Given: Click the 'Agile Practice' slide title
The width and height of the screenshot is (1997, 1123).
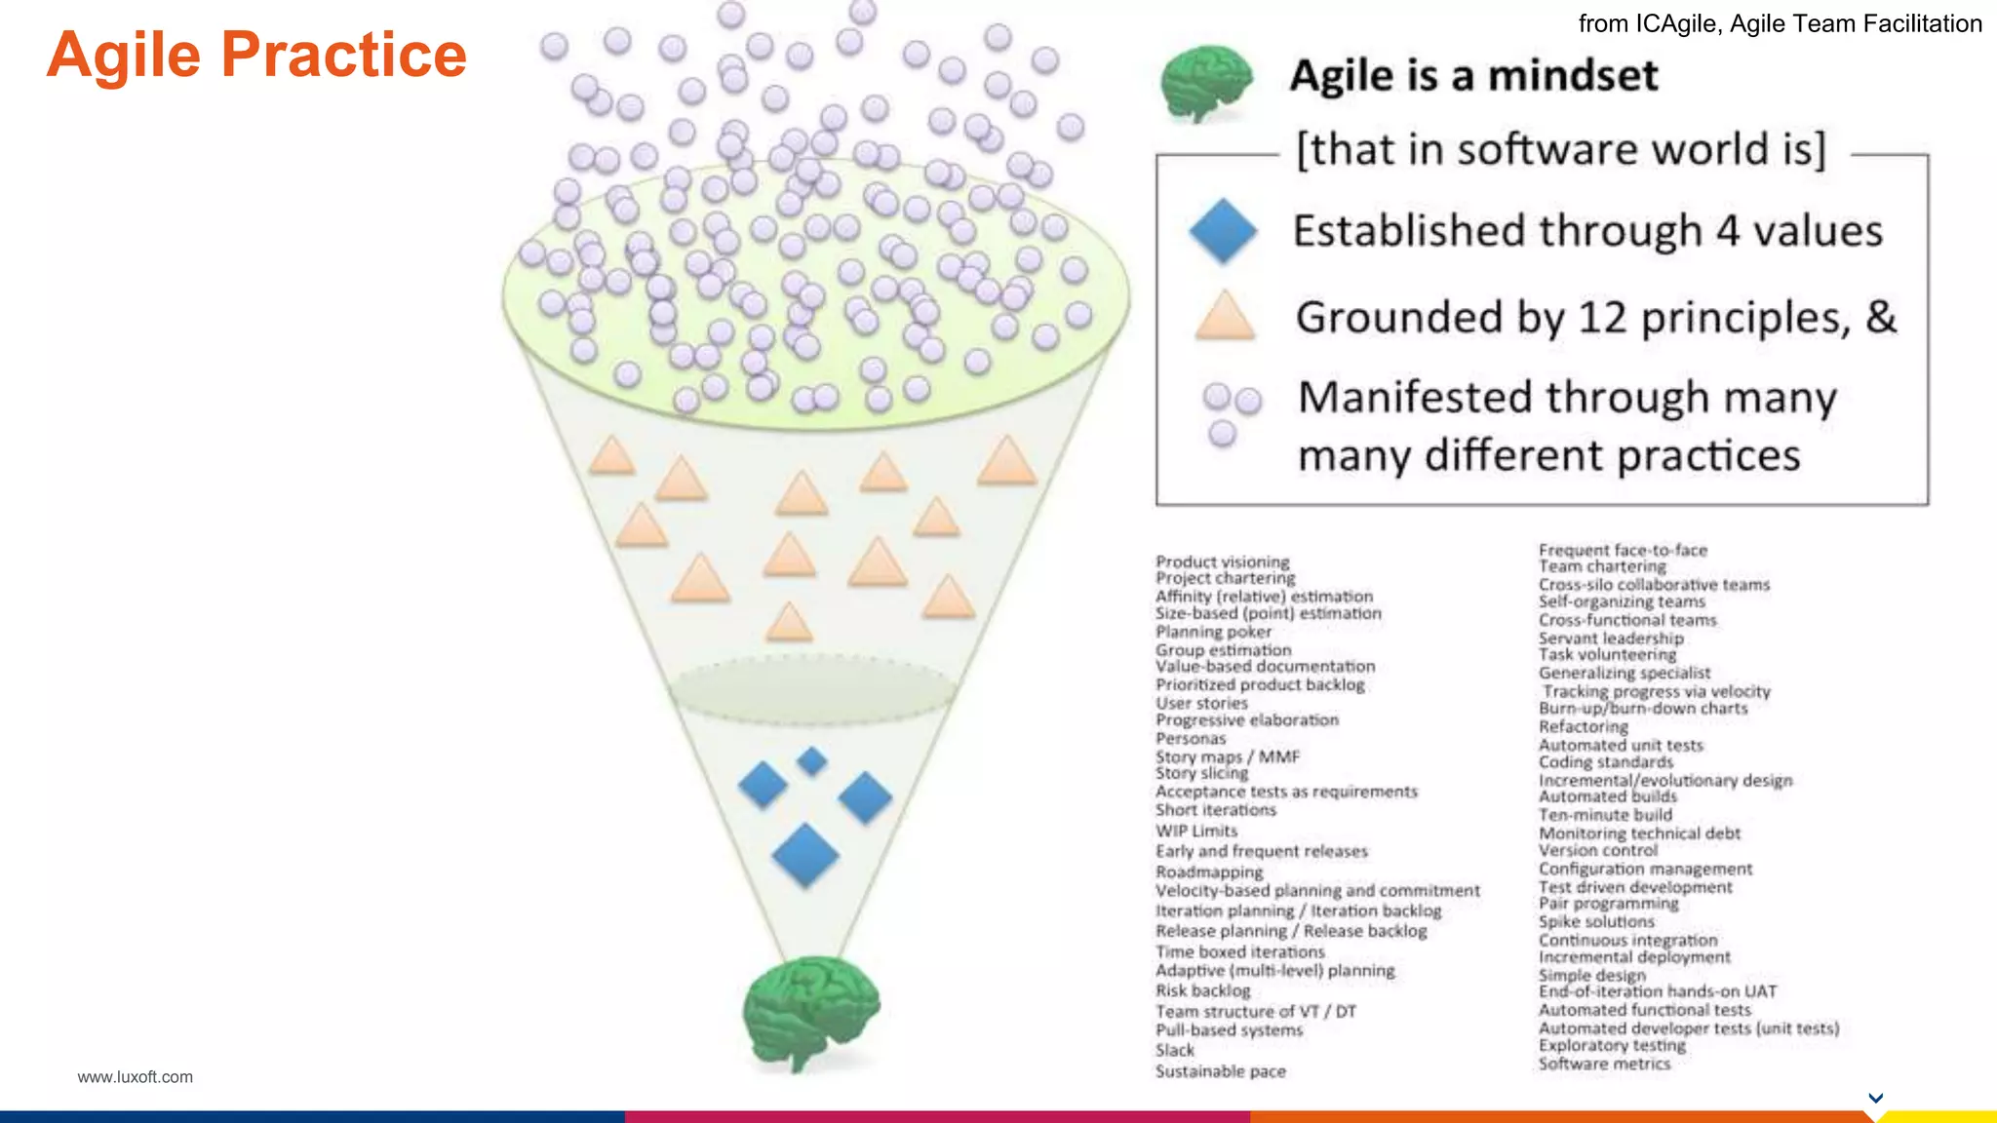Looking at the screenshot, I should coord(256,55).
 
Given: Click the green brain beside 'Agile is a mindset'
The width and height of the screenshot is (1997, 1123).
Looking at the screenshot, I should coord(1206,84).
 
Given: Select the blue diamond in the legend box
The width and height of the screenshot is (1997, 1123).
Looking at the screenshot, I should coord(1223,231).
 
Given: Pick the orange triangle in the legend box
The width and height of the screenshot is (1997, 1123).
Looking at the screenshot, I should coord(1225,317).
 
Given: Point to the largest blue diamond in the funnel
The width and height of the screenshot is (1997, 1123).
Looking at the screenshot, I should coord(805,855).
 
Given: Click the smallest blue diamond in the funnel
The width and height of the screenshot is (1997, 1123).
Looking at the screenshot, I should coord(811,760).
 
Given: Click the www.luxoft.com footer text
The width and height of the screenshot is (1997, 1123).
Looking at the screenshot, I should coord(135,1077).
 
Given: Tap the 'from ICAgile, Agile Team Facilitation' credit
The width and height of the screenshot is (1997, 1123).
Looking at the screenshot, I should coord(1780,23).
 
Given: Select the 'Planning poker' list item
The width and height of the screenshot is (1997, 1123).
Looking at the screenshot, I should coord(1213,632).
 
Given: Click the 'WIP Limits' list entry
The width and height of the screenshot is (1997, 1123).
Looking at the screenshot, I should coord(1196,831).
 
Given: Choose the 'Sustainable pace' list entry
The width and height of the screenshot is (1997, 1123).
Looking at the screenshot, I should coord(1220,1071).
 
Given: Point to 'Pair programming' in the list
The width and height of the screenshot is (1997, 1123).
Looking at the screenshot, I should coord(1608,904).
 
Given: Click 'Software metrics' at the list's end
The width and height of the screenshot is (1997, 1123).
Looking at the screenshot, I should coord(1604,1064).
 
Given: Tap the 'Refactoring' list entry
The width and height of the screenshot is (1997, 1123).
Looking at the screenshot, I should coord(1583,726).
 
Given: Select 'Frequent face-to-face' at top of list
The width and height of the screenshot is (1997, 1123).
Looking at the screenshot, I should coord(1623,550).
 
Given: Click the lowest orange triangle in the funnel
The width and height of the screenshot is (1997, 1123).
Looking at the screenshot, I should coord(789,623).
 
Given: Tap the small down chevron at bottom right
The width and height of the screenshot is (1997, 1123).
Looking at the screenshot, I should coord(1875,1098).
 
